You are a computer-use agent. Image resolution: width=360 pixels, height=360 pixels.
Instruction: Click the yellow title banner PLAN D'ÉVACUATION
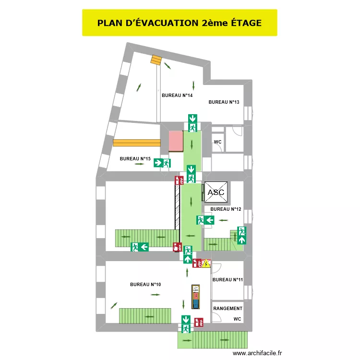tap(180, 23)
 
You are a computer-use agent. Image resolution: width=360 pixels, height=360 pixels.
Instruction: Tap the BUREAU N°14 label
tap(177, 96)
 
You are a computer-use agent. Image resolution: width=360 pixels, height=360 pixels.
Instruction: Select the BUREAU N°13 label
tap(224, 102)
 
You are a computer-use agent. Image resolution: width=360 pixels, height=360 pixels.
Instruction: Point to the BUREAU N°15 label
tap(135, 158)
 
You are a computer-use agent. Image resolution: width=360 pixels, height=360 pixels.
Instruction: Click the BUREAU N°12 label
tap(226, 209)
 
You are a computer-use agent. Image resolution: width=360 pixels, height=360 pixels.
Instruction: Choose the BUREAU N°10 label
tap(145, 285)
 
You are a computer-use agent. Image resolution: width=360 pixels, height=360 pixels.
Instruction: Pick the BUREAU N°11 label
tap(228, 280)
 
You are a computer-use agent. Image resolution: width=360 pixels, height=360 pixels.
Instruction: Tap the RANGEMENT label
tap(228, 309)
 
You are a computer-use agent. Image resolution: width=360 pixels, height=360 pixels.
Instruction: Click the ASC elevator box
tap(216, 192)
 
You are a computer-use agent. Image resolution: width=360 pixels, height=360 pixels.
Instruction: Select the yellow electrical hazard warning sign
tap(206, 264)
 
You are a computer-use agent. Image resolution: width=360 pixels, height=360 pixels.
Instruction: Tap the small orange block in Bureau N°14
tap(156, 60)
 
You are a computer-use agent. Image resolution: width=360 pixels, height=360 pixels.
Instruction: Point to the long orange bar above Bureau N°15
tap(137, 142)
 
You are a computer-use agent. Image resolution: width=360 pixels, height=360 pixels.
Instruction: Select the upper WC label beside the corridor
tap(217, 142)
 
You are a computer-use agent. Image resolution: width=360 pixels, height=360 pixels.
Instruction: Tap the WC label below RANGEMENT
tap(237, 319)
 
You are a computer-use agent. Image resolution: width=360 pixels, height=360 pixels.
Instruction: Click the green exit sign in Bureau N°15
tap(162, 163)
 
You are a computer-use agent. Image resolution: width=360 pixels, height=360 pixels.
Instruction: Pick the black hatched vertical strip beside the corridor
tap(177, 207)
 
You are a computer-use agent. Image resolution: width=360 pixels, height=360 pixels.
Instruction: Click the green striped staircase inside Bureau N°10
tap(145, 315)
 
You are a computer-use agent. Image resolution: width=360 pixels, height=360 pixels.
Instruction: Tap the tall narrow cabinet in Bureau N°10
tap(196, 298)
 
